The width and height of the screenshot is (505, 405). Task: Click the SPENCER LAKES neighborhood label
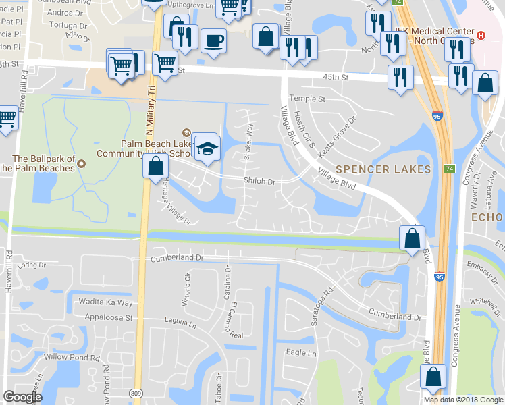(x=383, y=169)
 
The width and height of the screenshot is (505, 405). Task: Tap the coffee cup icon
(x=213, y=40)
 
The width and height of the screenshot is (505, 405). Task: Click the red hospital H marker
(x=481, y=35)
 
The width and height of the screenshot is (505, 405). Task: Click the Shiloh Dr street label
(x=260, y=181)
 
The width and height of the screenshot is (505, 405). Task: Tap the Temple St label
(x=307, y=99)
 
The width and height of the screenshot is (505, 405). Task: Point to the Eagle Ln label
(x=301, y=353)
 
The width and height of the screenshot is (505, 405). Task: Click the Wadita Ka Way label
(x=106, y=302)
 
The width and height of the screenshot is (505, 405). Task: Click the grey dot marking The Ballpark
(x=81, y=163)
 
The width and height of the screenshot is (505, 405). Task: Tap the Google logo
(x=23, y=396)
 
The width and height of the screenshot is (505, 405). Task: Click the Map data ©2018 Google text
(x=462, y=400)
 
